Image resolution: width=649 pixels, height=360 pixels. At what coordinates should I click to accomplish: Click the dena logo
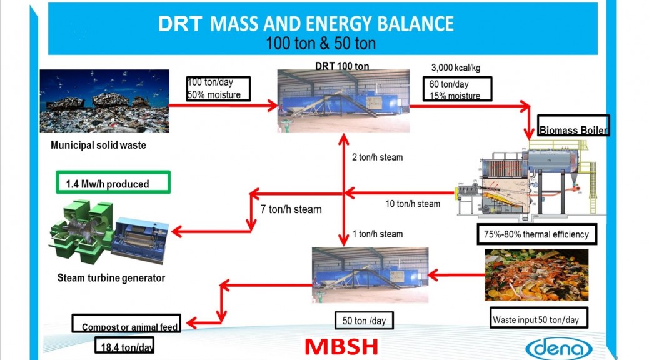[559, 348]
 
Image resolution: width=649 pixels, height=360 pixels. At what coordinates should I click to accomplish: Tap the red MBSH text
[341, 347]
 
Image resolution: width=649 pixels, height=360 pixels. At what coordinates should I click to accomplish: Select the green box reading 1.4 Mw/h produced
[113, 182]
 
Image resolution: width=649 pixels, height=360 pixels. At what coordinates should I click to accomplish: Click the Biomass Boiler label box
[573, 126]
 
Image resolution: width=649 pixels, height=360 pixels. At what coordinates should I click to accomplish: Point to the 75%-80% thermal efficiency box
[537, 234]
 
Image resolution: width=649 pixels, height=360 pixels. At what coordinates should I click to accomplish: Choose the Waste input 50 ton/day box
[539, 317]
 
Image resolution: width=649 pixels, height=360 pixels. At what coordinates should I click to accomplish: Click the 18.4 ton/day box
[124, 346]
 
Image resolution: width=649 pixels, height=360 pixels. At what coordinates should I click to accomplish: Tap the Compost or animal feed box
[127, 323]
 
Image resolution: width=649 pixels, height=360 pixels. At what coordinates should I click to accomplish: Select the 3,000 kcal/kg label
[456, 67]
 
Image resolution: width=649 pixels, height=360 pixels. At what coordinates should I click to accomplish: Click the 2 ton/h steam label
[377, 157]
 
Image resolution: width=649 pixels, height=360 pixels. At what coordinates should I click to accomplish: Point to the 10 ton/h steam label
[413, 204]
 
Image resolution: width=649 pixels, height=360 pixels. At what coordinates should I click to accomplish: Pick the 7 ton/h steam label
[291, 209]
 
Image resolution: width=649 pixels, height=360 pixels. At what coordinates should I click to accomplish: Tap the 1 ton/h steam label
[378, 234]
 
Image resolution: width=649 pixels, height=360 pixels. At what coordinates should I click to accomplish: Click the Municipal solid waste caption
[98, 145]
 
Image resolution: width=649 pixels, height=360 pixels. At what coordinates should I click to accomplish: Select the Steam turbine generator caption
[111, 277]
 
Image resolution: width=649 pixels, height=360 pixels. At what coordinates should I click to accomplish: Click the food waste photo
[536, 275]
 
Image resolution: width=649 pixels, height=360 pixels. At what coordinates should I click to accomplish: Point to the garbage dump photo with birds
[104, 101]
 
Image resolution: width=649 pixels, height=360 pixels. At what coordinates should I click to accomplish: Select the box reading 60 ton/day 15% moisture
[457, 89]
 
